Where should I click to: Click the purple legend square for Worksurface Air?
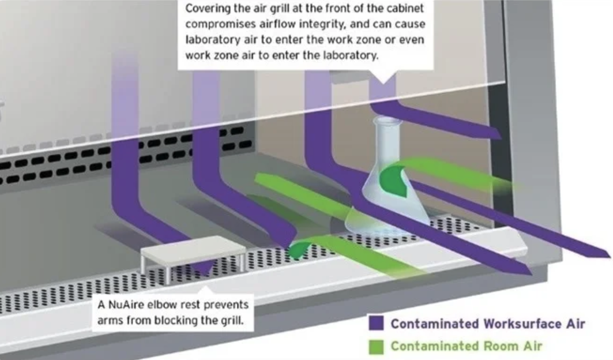pos(376,323)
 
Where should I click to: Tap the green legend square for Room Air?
pos(376,347)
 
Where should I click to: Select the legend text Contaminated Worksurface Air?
pos(487,324)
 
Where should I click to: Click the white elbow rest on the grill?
pos(192,249)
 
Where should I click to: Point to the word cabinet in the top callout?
pos(405,9)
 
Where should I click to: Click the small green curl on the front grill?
pos(298,249)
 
